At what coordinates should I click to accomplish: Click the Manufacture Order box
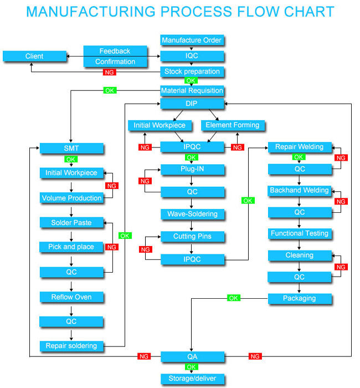192,40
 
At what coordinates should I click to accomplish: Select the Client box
34,56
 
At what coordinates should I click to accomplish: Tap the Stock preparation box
192,72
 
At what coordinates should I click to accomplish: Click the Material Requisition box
192,90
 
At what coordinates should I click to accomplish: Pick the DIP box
192,104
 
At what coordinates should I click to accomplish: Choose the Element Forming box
232,125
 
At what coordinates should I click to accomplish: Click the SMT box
71,148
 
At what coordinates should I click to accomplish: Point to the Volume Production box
71,198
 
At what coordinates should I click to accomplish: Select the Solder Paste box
71,222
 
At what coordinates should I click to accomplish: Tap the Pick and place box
71,247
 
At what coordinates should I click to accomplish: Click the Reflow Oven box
71,297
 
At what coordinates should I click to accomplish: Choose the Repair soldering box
71,346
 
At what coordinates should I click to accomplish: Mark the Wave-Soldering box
192,214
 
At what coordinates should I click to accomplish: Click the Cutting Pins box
192,237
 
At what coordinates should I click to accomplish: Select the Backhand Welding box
299,191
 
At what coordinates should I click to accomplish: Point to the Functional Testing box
299,233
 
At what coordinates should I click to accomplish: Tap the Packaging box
299,298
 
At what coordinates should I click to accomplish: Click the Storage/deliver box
192,379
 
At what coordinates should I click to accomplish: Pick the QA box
192,356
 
